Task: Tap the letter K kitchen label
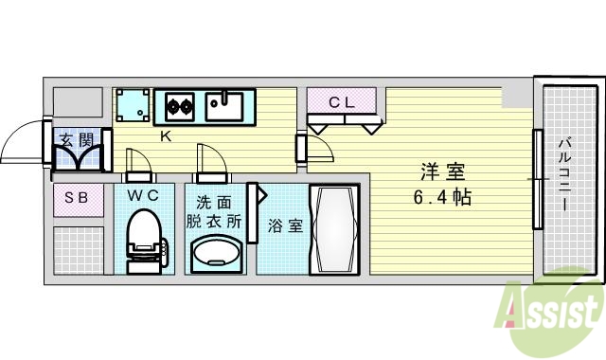pyautogui.click(x=165, y=136)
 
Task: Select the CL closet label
pyautogui.click(x=342, y=103)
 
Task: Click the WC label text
pyautogui.click(x=144, y=196)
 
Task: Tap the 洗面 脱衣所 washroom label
pyautogui.click(x=215, y=211)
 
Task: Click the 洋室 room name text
pyautogui.click(x=442, y=173)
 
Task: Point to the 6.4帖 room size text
pyautogui.click(x=441, y=199)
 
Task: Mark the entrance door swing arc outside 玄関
pyautogui.click(x=21, y=143)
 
